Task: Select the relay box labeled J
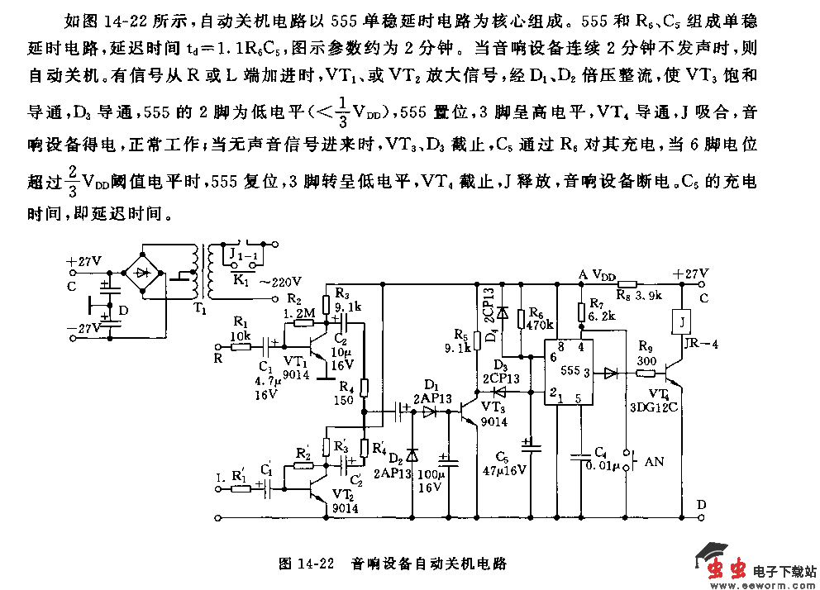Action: coord(683,320)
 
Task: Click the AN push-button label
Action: coord(653,462)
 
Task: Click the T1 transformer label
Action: coord(200,308)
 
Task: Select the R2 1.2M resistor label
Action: coord(297,306)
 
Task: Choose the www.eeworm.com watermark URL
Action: coord(761,583)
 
